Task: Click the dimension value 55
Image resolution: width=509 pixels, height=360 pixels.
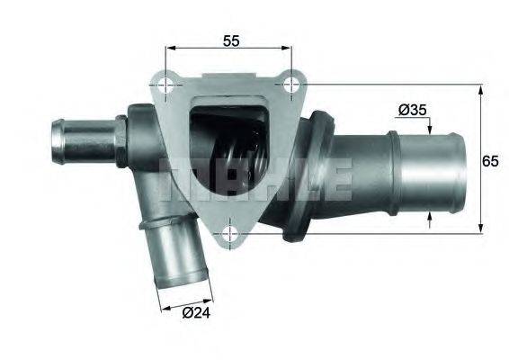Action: tap(231, 40)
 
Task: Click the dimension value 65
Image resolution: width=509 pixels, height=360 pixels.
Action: tap(490, 161)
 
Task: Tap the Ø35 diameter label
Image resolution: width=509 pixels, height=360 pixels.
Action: tap(412, 110)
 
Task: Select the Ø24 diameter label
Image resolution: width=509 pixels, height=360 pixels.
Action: tap(196, 312)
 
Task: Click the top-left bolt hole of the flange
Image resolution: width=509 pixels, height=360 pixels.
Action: tap(165, 85)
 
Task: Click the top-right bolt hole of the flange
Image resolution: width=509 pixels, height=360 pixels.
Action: tap(291, 85)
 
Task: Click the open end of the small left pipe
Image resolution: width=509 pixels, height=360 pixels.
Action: tap(58, 140)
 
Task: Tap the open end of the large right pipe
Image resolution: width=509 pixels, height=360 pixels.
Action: tap(460, 173)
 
